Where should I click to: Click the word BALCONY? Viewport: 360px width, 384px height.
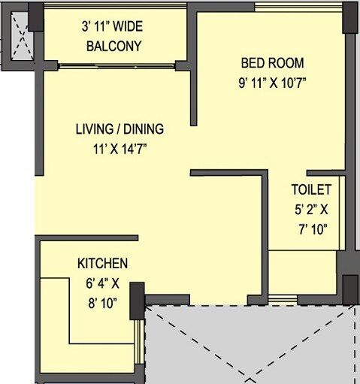pos(113,46)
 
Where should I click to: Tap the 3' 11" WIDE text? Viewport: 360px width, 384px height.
pos(113,27)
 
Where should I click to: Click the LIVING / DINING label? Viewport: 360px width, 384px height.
pos(119,129)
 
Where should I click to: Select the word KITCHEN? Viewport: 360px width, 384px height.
pos(102,264)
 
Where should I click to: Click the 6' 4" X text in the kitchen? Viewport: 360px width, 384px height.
pos(104,284)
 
